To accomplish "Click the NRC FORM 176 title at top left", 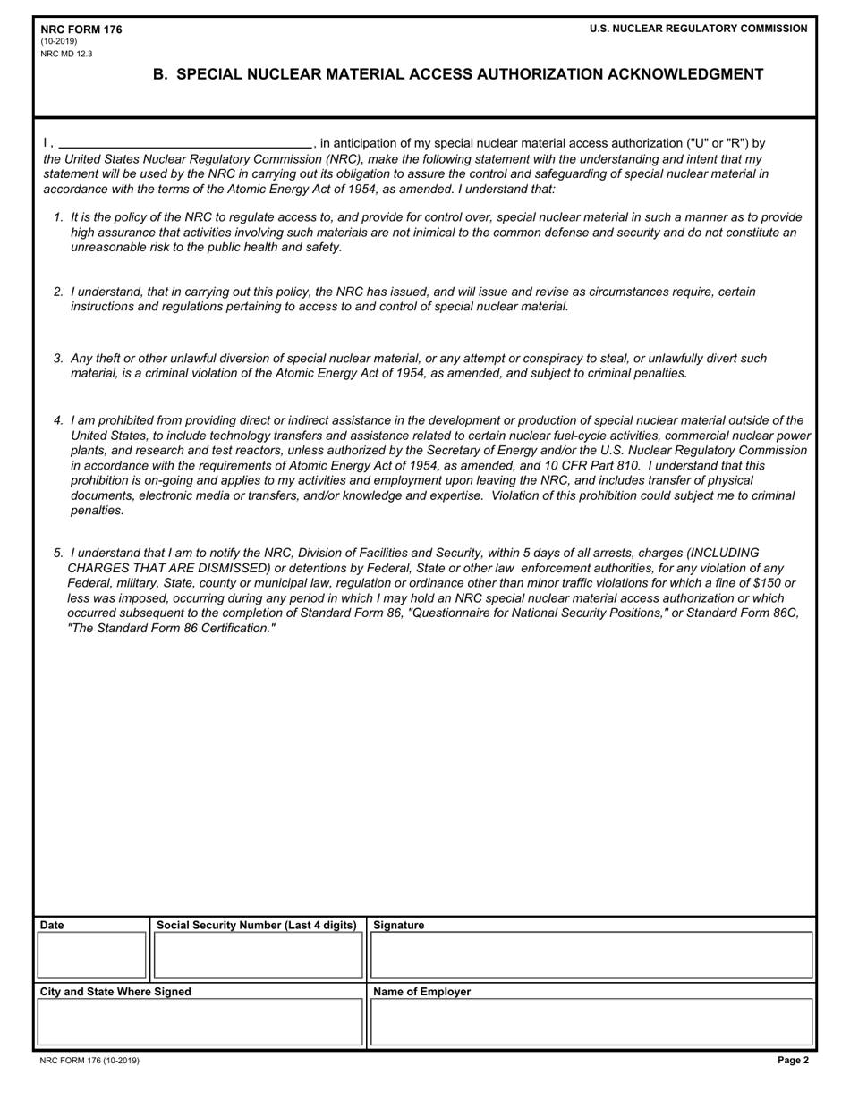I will pos(81,30).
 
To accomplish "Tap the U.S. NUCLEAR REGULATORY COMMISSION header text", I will pos(698,29).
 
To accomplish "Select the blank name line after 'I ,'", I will pos(185,143).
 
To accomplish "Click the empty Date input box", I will pos(91,956).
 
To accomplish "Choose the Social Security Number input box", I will pos(258,956).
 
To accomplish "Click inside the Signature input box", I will pos(591,956).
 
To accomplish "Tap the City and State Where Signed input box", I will pos(200,1022).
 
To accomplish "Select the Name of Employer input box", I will pos(591,1022).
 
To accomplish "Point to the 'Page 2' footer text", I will pos(793,1061).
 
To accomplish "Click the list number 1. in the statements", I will pos(58,217).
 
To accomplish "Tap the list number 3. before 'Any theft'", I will pos(58,359).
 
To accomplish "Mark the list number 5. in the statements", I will pos(58,553).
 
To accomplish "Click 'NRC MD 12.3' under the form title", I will pos(66,54).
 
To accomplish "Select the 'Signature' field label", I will pos(398,926).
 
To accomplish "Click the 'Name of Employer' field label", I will pos(421,992).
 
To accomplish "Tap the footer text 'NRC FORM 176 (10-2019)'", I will pos(89,1061).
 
